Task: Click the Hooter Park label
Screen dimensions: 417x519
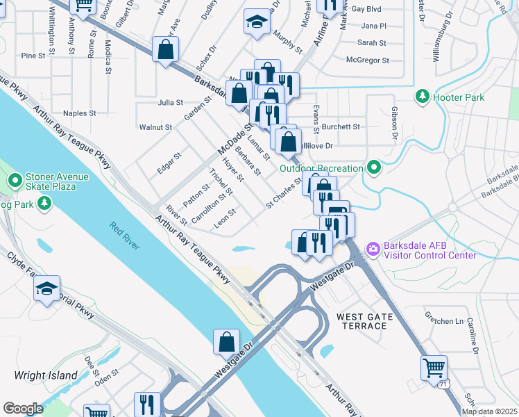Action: pyautogui.click(x=458, y=97)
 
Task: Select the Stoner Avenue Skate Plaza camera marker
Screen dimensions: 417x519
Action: pyautogui.click(x=15, y=181)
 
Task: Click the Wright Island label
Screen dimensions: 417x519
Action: pyautogui.click(x=46, y=375)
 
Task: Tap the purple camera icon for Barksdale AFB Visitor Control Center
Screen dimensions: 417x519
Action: pyautogui.click(x=373, y=248)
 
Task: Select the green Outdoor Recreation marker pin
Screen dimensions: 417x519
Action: pyautogui.click(x=375, y=167)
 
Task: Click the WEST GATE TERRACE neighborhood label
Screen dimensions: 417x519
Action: pyautogui.click(x=365, y=321)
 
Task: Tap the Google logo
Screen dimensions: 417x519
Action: pyautogui.click(x=23, y=409)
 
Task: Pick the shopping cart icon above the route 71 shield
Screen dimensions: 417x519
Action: pyautogui.click(x=434, y=366)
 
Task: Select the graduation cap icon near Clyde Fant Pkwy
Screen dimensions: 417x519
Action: pyautogui.click(x=46, y=289)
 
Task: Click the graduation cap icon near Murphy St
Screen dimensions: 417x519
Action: pyautogui.click(x=257, y=22)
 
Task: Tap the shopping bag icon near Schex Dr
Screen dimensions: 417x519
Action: pyautogui.click(x=166, y=49)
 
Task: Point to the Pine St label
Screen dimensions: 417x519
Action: pyautogui.click(x=33, y=56)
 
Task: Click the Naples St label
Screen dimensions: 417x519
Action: pyautogui.click(x=79, y=113)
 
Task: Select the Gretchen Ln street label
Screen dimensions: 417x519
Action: pyautogui.click(x=449, y=322)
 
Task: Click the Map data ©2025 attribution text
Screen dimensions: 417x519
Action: pyautogui.click(x=489, y=411)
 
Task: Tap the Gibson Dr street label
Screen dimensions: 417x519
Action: pyautogui.click(x=394, y=123)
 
